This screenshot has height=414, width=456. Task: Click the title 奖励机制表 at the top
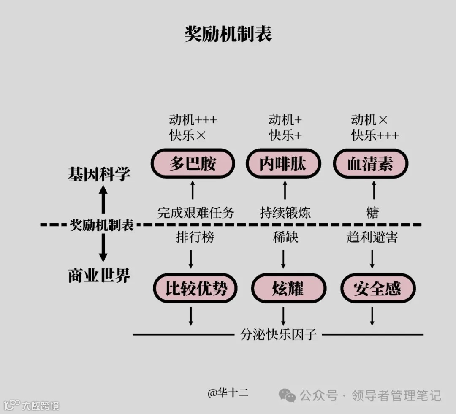[228, 34]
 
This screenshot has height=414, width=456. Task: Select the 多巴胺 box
[193, 164]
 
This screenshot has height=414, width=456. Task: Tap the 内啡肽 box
[282, 164]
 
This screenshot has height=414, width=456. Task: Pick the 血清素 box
[370, 164]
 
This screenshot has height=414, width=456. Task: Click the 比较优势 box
[195, 289]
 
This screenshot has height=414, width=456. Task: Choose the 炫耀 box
[289, 289]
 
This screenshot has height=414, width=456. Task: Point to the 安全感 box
[377, 289]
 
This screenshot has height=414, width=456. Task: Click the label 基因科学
[99, 174]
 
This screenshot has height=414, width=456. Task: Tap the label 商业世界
[99, 275]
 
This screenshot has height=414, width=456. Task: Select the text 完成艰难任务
[195, 212]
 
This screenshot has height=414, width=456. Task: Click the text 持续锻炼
[285, 212]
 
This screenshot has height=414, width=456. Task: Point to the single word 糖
[373, 213]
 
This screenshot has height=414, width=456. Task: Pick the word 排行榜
[195, 237]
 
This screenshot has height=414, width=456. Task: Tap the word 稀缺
[285, 237]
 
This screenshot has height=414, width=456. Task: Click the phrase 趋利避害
[372, 237]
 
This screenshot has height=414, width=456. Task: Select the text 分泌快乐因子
[279, 335]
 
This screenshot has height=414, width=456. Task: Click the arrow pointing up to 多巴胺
[193, 190]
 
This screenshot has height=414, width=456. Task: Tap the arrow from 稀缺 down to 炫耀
[283, 259]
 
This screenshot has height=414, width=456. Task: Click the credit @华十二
[228, 393]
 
